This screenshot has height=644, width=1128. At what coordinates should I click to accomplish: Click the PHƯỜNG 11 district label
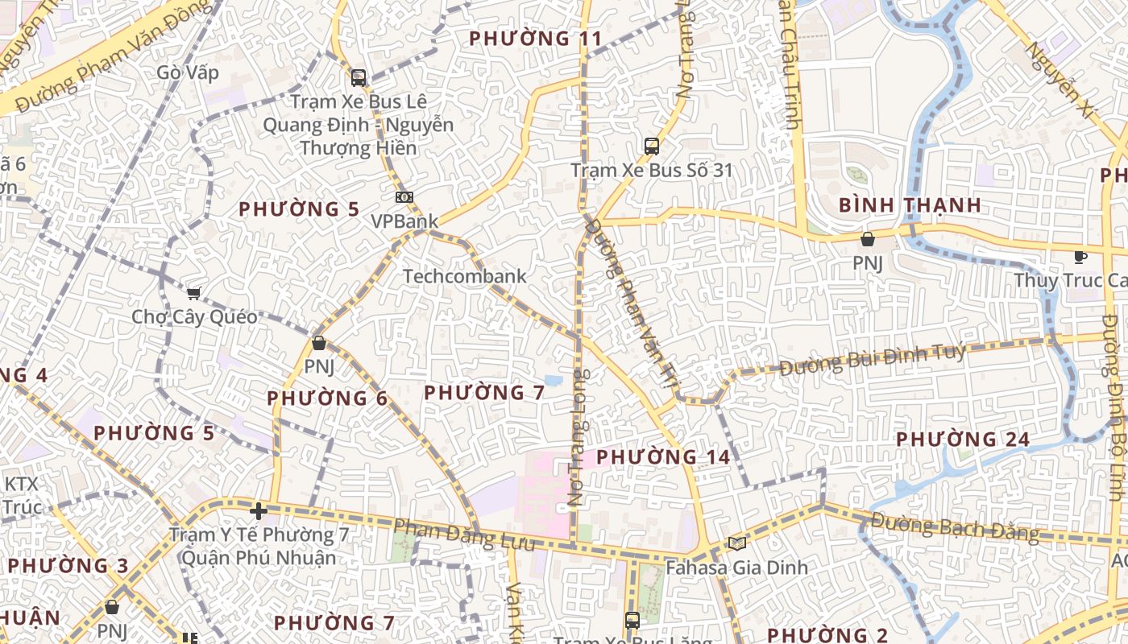[535, 39]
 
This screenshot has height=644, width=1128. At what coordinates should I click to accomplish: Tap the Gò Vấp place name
[188, 72]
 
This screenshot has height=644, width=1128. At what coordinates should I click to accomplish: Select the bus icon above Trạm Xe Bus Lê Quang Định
[359, 78]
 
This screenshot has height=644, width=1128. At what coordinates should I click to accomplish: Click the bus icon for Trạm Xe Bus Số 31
[652, 147]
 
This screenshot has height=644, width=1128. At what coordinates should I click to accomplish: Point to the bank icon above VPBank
[404, 197]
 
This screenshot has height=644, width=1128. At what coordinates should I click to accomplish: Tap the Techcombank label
[464, 276]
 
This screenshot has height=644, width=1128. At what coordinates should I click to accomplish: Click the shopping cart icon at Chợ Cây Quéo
[193, 294]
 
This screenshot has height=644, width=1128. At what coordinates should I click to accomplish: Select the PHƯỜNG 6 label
[327, 398]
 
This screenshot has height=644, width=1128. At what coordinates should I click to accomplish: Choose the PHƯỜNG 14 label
[663, 457]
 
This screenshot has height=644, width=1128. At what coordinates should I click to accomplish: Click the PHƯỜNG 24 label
[963, 440]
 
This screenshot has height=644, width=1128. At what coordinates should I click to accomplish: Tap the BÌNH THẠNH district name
[910, 205]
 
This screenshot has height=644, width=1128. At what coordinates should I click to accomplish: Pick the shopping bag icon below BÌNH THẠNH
[868, 239]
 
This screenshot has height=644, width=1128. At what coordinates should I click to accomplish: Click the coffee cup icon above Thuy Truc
[1080, 258]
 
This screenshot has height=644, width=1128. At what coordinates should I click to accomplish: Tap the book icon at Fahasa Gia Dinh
[736, 543]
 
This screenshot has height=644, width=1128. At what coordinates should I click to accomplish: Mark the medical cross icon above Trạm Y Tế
[258, 511]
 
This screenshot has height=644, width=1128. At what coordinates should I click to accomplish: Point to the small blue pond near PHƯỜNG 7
[554, 379]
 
